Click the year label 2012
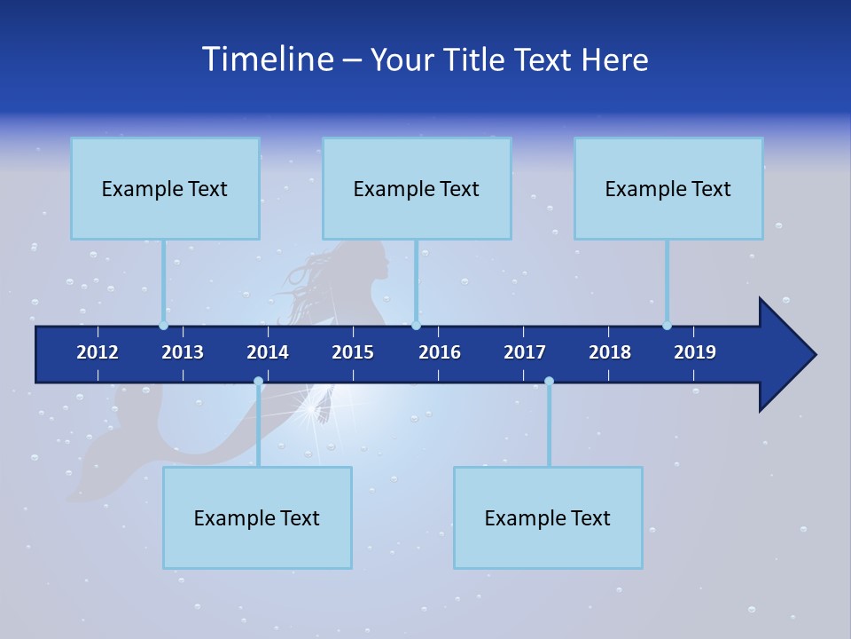[x=98, y=352]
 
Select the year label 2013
[x=183, y=352]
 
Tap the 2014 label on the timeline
[x=268, y=352]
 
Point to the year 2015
[x=353, y=352]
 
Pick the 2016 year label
[x=440, y=352]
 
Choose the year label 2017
[x=525, y=352]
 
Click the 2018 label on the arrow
[x=610, y=352]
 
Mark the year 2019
[x=695, y=352]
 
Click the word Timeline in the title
[x=267, y=59]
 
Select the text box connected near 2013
[x=165, y=188]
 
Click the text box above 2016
[x=417, y=188]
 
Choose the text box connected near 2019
[x=668, y=188]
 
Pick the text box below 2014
[x=257, y=517]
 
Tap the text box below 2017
[x=548, y=517]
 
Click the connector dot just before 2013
[x=163, y=326]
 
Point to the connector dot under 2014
[x=258, y=382]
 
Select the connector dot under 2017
[x=549, y=382]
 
